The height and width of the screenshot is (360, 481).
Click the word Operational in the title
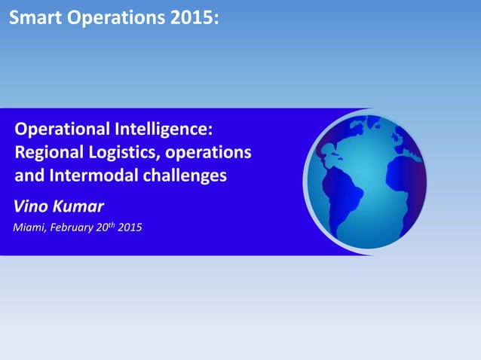pos(63,128)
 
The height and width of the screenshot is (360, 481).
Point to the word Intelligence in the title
pos(170,128)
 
